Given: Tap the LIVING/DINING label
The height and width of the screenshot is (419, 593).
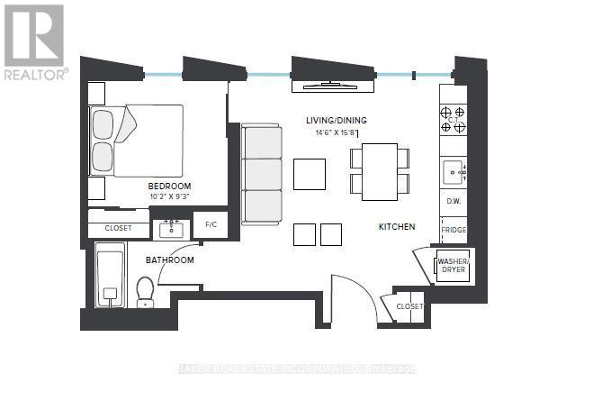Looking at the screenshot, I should tap(337, 120).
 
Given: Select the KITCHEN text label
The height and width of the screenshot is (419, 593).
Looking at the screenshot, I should tap(396, 227).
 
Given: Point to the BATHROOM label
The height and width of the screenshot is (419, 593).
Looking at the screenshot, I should tap(170, 260).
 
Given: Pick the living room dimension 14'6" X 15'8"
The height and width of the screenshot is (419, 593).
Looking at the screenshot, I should tap(337, 132).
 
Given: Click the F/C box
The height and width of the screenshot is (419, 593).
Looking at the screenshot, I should tap(210, 224).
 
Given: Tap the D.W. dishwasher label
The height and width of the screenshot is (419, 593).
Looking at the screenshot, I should tap(454, 201).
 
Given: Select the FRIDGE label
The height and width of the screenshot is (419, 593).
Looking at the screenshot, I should tap(454, 231).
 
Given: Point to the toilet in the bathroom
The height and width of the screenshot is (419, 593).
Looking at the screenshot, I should tap(145, 290).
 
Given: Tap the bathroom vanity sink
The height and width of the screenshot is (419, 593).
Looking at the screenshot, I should tap(170, 230).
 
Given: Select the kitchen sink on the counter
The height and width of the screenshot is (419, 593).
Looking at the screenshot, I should tap(452, 169).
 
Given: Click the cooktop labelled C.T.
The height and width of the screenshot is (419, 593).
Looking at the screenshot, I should tap(454, 120).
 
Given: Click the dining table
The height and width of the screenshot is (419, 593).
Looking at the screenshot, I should tap(379, 171).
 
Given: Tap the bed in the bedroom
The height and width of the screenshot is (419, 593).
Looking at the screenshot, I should tap(137, 141).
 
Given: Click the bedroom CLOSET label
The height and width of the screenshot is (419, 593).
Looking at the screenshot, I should tap(118, 228).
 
